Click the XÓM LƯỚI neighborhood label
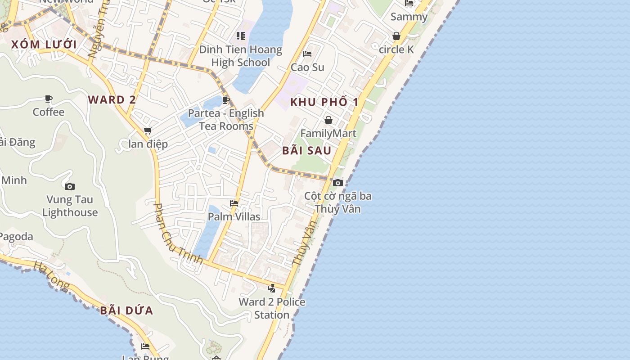44,45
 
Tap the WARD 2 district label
112,100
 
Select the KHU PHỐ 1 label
324,102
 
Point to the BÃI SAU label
307,151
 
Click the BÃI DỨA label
127,310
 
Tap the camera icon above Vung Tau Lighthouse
70,186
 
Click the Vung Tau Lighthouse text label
70,206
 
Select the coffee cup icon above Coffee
49,99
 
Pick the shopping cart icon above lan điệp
148,131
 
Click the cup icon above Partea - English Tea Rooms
226,100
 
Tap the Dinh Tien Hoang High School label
241,56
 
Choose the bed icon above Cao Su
307,54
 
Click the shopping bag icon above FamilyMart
328,120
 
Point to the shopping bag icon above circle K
396,36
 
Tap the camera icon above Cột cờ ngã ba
338,183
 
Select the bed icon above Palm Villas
234,203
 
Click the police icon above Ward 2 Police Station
272,288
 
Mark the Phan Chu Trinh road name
178,237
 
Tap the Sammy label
409,17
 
